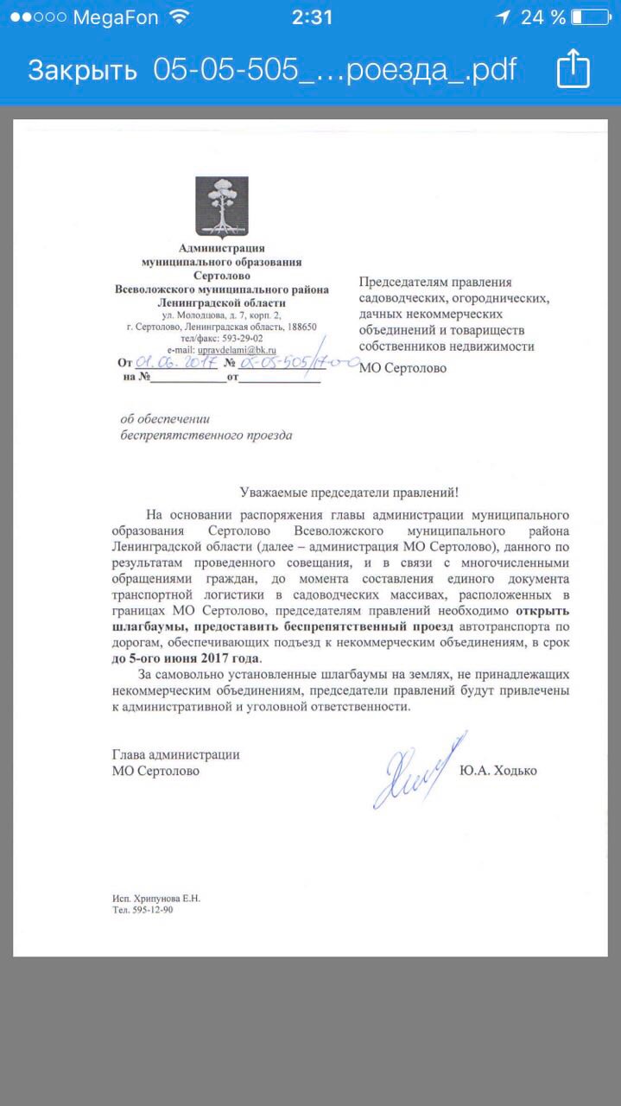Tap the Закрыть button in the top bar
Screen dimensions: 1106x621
[82, 70]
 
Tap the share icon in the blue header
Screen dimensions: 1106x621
[573, 69]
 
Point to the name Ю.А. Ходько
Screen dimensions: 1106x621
[498, 770]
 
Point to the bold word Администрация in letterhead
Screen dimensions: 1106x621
[221, 249]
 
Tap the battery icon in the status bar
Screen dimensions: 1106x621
[589, 17]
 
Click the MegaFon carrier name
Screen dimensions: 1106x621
[116, 17]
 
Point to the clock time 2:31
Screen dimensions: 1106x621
[312, 17]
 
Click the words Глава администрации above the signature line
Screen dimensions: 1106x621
[176, 754]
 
